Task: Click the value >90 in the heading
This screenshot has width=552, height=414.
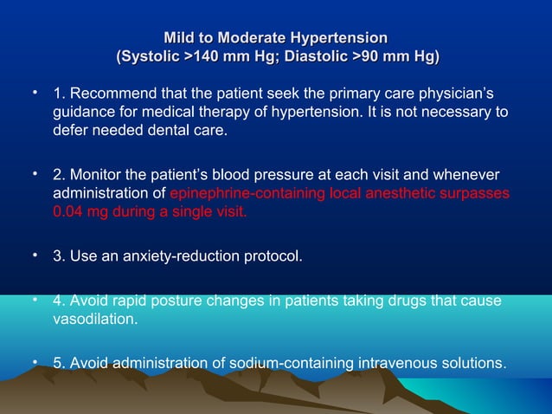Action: [x=368, y=57]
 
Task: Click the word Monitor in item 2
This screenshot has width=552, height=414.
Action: [x=96, y=176]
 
